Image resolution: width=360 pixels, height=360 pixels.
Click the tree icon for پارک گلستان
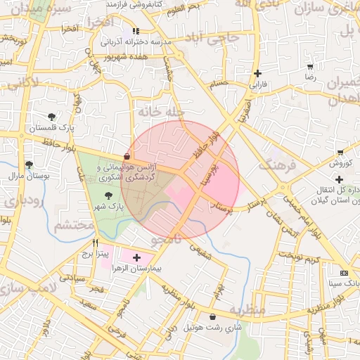pos(51,117)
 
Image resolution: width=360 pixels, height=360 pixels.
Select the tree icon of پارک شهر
pos(108,196)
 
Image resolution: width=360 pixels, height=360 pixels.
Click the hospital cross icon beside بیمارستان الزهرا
pos(136,258)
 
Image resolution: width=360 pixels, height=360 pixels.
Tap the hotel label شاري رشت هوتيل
pos(212,328)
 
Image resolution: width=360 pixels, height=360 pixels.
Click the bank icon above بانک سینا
pos(343,272)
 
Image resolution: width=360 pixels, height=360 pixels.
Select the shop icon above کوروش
pos(340,153)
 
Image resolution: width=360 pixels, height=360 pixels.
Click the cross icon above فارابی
pos(258,73)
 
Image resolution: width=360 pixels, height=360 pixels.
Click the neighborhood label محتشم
pos(74,226)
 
